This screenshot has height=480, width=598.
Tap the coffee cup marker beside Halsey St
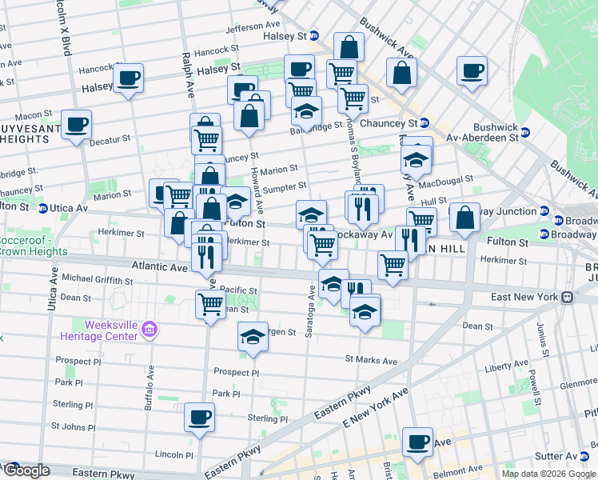[x=128, y=78]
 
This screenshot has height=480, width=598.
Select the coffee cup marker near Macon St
[x=76, y=125]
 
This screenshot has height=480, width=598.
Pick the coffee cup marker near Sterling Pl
[x=199, y=417]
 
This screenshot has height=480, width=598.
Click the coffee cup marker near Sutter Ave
[x=417, y=442]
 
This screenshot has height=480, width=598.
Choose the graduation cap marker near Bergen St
[x=253, y=336]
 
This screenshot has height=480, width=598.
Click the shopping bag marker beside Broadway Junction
[x=464, y=218]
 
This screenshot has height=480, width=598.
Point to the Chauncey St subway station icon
[x=425, y=123]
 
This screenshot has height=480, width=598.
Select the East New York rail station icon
[x=567, y=297]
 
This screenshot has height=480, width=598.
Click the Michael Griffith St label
[x=98, y=281]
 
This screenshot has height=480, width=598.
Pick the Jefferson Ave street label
[x=254, y=28]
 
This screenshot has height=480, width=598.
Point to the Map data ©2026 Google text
[x=548, y=474]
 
